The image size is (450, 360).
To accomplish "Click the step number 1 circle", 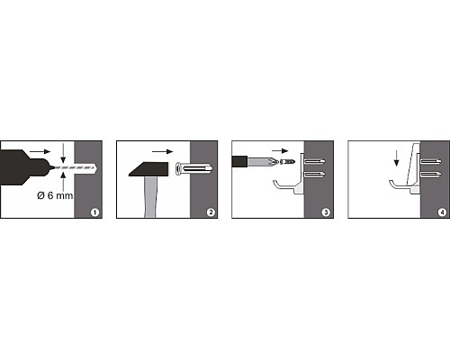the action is tap(94, 212).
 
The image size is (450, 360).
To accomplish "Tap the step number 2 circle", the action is tap(211, 212).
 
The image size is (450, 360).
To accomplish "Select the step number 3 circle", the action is tap(326, 212).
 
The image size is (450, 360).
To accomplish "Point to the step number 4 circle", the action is tap(442, 212).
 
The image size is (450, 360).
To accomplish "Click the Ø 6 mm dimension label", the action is tap(55, 195).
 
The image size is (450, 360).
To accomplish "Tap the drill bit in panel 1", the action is tap(75, 168).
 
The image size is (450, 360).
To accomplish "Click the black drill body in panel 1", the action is tap(24, 167).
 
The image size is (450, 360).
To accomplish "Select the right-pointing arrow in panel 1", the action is tap(40, 151).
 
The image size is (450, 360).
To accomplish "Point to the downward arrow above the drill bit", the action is tap(63, 153).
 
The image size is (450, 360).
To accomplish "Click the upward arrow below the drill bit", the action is tap(63, 182).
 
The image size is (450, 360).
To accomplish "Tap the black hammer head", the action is tap(148, 169).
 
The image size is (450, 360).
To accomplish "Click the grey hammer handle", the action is tap(150, 197).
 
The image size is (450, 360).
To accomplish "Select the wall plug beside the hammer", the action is tap(193, 169).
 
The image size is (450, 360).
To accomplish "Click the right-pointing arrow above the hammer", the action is tap(163, 151).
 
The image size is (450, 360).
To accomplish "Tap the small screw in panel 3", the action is tap(287, 162).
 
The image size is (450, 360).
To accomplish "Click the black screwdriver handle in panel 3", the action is tap(239, 161).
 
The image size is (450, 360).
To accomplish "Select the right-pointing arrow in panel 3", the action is tap(280, 151).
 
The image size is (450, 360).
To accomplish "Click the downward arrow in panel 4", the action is tap(396, 158).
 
